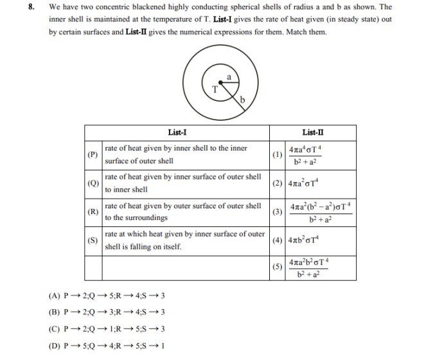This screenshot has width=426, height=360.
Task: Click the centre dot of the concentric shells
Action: [x=222, y=83]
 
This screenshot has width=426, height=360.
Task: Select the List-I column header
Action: [x=177, y=133]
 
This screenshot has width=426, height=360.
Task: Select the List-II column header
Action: [x=312, y=133]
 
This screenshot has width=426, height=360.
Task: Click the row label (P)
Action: [x=93, y=155]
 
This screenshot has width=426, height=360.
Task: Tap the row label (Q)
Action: [x=93, y=183]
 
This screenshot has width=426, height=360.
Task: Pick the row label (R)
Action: [x=93, y=212]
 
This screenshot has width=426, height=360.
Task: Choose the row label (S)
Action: [x=93, y=240]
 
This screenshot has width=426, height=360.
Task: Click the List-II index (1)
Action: [x=277, y=155]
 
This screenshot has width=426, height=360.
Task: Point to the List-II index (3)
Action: [x=277, y=212]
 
